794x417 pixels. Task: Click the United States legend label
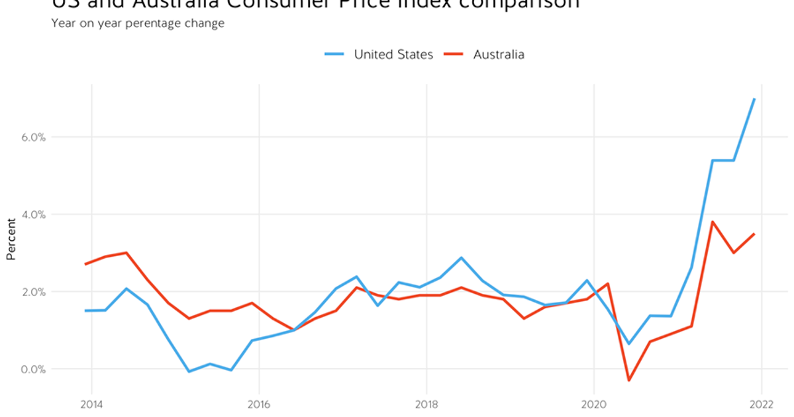(393, 54)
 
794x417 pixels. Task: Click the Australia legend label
(499, 54)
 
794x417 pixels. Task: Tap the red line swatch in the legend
(453, 54)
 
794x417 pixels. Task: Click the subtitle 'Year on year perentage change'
(138, 23)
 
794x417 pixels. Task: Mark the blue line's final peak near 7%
(754, 99)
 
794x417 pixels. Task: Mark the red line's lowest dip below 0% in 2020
(628, 381)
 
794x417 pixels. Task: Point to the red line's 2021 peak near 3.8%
(712, 222)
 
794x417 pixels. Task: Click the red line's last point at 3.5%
(754, 234)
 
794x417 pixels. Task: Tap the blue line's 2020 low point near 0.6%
(628, 344)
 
